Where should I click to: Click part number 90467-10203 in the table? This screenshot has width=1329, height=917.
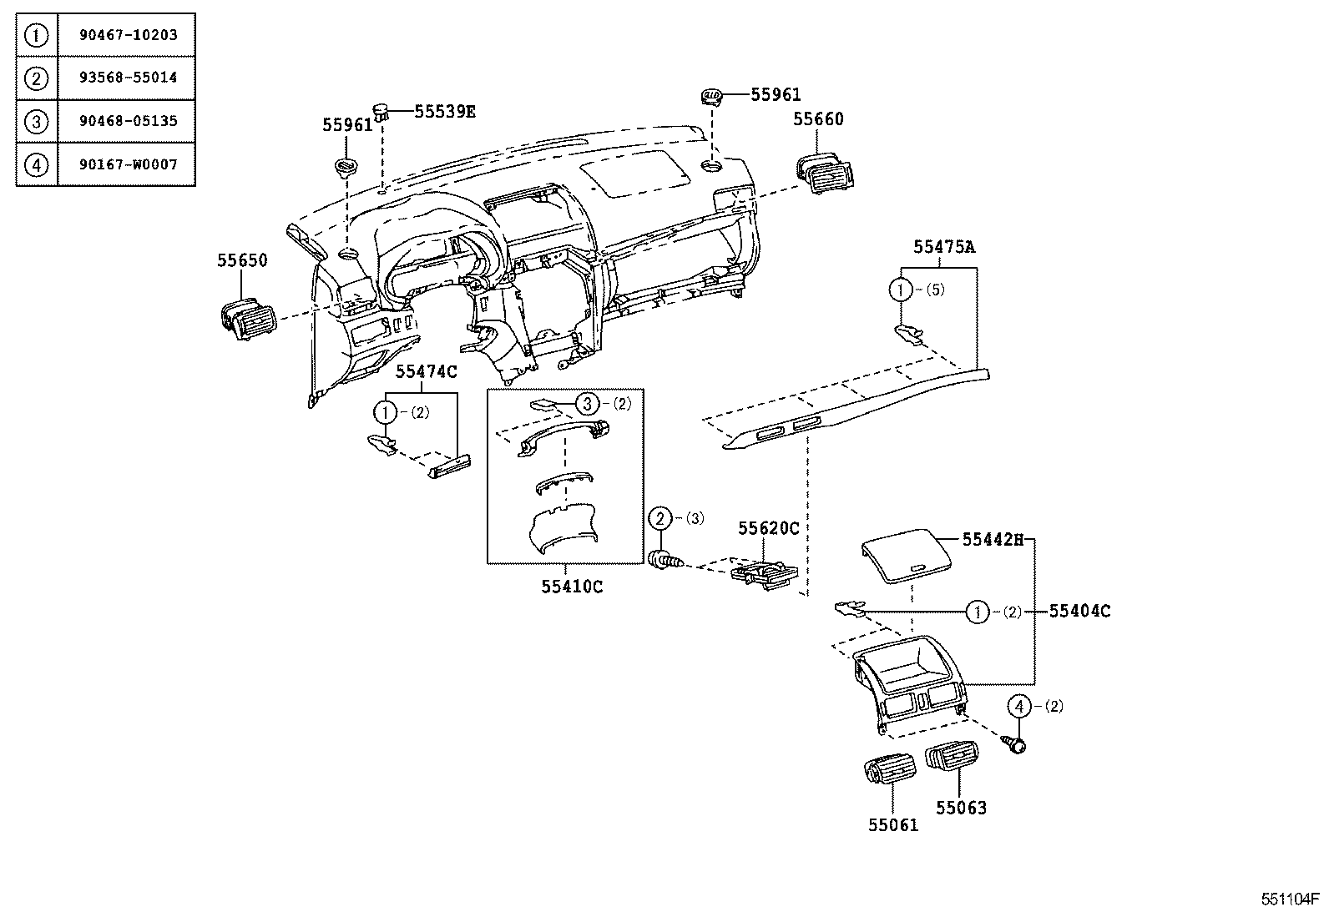[128, 35]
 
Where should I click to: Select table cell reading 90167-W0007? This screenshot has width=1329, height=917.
[128, 164]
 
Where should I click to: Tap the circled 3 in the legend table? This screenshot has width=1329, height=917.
[36, 121]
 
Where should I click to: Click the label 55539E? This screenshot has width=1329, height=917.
[444, 111]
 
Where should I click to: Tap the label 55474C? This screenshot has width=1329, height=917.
[426, 372]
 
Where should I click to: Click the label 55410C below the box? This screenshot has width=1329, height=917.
[571, 587]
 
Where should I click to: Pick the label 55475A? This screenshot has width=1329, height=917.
[943, 247]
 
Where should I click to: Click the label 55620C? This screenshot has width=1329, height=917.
[768, 529]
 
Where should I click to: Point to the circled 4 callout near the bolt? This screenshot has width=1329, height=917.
[1018, 707]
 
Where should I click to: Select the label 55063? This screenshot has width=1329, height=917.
[960, 808]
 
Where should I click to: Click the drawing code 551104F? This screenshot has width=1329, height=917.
[1289, 899]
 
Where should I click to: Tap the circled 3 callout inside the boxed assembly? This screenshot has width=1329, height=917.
[588, 404]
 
